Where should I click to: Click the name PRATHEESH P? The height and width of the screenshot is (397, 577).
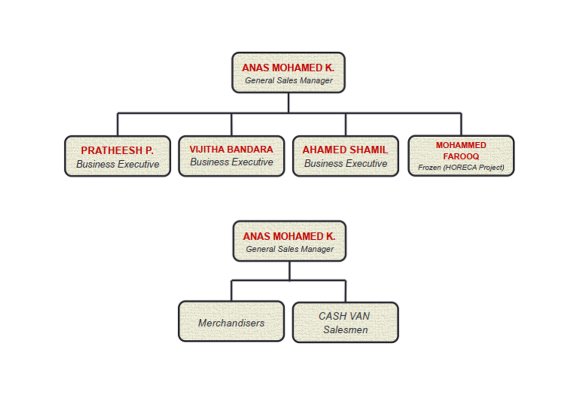tap(118, 150)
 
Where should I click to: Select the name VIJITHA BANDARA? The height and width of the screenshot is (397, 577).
tap(232, 149)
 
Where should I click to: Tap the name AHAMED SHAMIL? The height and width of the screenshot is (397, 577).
tap(345, 150)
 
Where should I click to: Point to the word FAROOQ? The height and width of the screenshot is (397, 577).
tap(461, 156)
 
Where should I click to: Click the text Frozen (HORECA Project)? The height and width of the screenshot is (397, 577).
tap(461, 167)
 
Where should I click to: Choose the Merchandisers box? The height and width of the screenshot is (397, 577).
tap(232, 323)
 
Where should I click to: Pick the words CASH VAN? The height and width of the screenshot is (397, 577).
tap(345, 316)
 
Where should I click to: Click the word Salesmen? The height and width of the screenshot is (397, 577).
tap(345, 330)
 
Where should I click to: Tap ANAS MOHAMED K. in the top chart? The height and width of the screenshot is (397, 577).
tap(288, 68)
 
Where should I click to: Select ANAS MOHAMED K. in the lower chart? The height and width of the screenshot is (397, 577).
tap(289, 236)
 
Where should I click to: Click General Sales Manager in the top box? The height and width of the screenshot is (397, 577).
tap(288, 80)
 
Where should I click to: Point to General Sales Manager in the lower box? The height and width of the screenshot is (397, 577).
tap(289, 249)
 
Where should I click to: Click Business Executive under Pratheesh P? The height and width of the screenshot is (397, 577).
tap(118, 164)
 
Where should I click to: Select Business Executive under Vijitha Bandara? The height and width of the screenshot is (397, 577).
tap(232, 162)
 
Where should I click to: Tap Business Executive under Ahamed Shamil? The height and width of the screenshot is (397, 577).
tap(345, 163)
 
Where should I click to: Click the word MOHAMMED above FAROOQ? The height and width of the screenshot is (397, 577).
tap(461, 145)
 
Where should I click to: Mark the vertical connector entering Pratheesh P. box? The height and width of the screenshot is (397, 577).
tap(118, 124)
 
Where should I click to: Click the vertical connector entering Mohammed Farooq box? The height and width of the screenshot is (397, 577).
tap(461, 124)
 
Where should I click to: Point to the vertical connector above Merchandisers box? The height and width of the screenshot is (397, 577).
tap(232, 290)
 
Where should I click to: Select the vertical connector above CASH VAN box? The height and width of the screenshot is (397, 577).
tap(345, 291)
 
